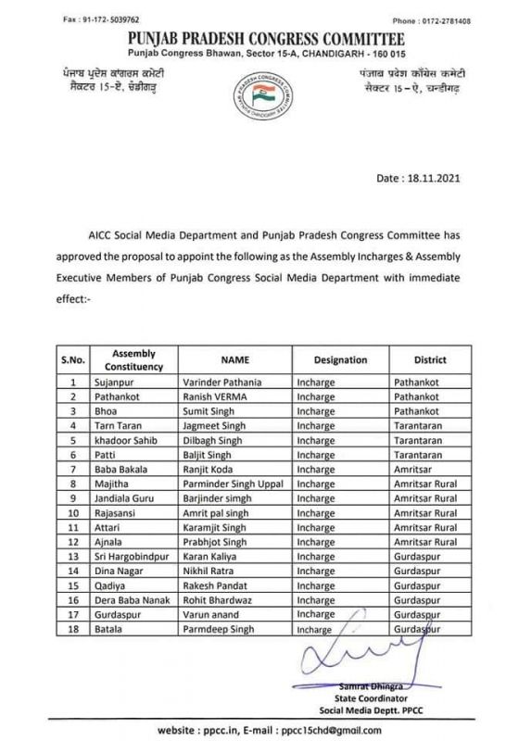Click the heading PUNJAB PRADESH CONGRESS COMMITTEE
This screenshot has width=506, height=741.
click(253, 36)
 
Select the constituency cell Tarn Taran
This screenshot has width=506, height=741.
click(120, 424)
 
